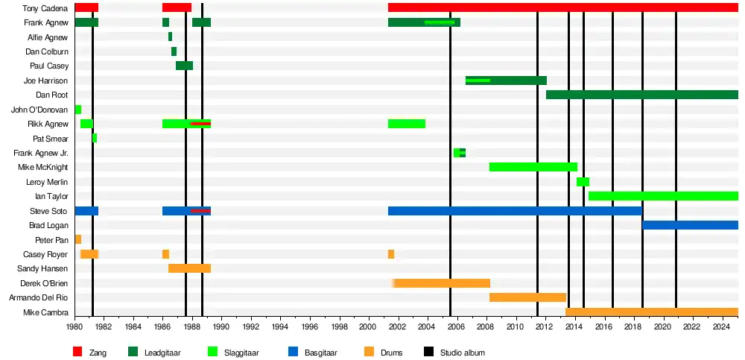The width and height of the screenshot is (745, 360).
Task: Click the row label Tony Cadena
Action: pos(46,8)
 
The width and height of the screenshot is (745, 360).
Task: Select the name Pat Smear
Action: pos(51,139)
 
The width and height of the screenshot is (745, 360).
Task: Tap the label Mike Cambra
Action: pos(46,312)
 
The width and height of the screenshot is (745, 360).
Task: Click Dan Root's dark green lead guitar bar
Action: pos(641,95)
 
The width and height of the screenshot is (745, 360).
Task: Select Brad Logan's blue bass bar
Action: pos(690,225)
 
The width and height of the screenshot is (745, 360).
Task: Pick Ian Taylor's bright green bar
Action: pos(663,196)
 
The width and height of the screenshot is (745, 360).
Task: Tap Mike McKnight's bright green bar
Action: pos(533,167)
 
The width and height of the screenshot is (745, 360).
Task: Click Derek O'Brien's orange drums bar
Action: pos(442,283)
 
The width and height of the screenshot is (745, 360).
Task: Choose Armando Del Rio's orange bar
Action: pos(527,297)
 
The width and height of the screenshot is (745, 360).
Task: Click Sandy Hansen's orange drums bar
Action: pos(189,268)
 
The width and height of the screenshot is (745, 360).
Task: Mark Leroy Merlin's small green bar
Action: pos(583,182)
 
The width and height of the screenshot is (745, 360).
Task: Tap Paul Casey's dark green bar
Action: pos(184,66)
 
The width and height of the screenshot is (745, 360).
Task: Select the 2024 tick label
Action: pos(721,326)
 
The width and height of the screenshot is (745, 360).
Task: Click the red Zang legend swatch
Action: pos(77,352)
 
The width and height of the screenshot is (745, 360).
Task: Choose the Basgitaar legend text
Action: pos(322,353)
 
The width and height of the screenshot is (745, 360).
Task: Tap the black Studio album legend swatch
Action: pos(428,352)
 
